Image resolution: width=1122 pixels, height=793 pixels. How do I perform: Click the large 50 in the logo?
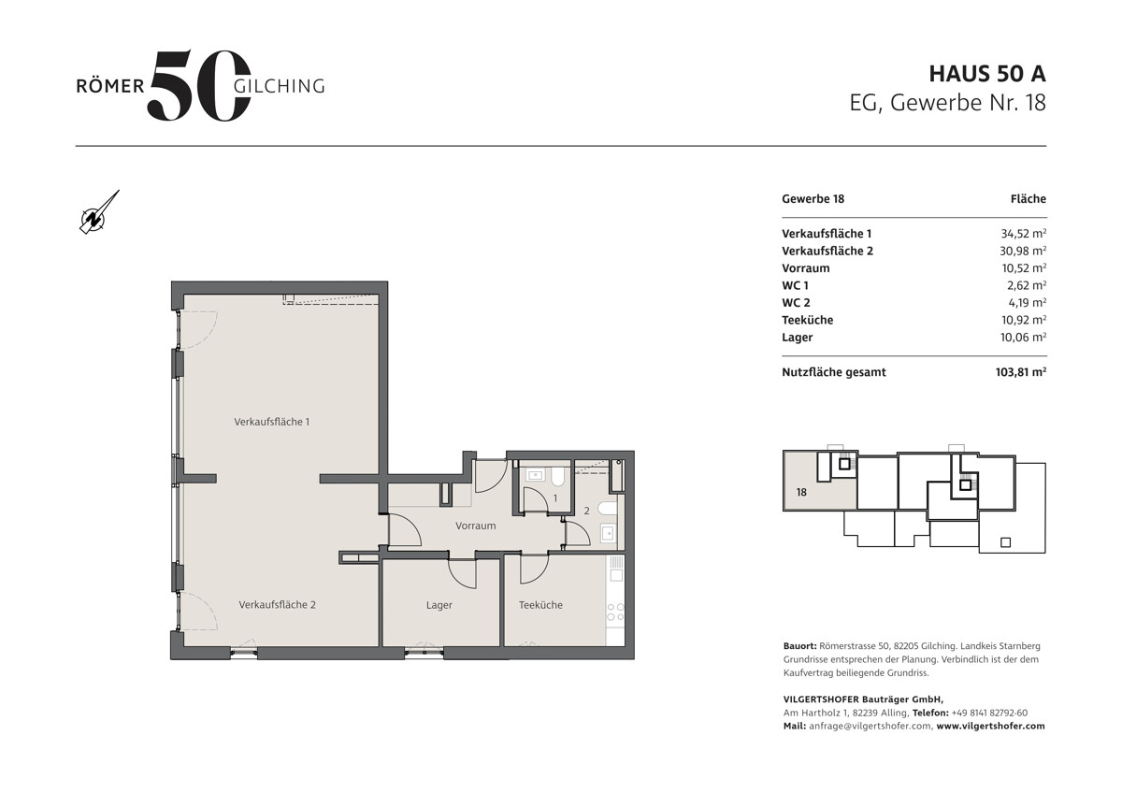pyautogui.click(x=199, y=85)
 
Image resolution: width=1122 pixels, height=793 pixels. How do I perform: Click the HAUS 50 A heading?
pyautogui.click(x=987, y=74)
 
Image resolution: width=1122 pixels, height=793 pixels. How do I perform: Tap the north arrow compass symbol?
pyautogui.click(x=99, y=212)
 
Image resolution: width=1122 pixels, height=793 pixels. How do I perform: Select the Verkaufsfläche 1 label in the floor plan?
pyautogui.click(x=271, y=422)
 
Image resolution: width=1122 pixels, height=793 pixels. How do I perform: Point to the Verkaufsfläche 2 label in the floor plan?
pyautogui.click(x=277, y=605)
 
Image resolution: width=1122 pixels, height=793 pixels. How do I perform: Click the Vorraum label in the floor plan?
pyautogui.click(x=475, y=526)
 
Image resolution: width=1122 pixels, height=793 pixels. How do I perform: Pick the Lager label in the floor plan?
pyautogui.click(x=439, y=605)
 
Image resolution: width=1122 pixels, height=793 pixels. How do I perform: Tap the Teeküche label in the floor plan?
pyautogui.click(x=540, y=605)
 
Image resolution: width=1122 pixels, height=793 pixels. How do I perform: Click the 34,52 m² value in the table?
pyautogui.click(x=1023, y=234)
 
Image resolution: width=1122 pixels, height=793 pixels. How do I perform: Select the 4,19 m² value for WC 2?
pyautogui.click(x=1028, y=303)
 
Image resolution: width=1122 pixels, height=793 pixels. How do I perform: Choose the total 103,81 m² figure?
pyautogui.click(x=1021, y=372)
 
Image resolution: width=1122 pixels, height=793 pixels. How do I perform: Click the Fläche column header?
pyautogui.click(x=1028, y=199)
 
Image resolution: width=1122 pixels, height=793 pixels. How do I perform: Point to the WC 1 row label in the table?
pyautogui.click(x=795, y=285)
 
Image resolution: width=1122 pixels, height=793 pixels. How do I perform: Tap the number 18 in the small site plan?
pyautogui.click(x=801, y=493)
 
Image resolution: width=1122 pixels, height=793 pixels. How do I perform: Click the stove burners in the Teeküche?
pyautogui.click(x=615, y=613)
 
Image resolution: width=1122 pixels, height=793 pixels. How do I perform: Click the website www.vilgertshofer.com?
pyautogui.click(x=991, y=726)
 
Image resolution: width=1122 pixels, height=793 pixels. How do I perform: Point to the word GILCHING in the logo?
pyautogui.click(x=279, y=86)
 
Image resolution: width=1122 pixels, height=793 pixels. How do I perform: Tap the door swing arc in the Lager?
pyautogui.click(x=462, y=573)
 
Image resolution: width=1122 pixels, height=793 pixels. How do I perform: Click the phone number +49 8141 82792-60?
pyautogui.click(x=989, y=713)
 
